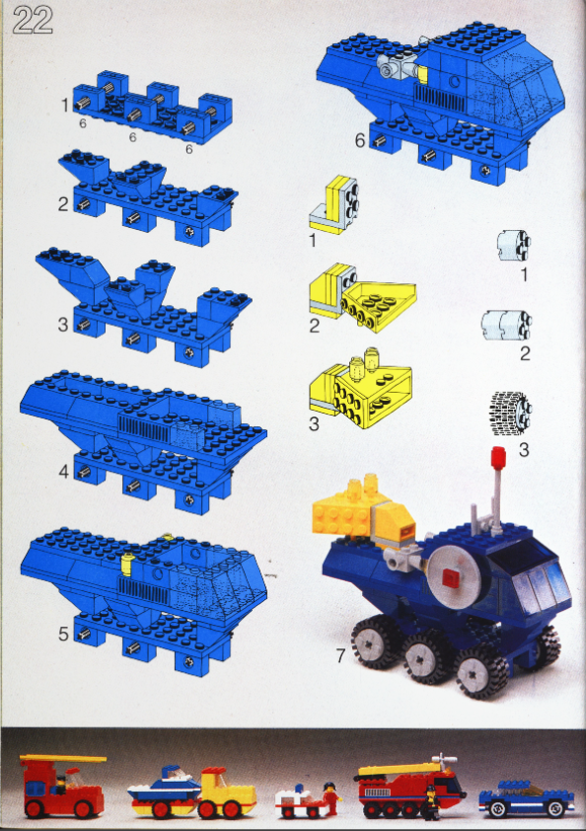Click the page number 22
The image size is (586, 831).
click(x=33, y=20)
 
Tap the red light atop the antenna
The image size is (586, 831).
click(x=498, y=458)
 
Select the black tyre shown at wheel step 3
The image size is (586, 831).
click(x=511, y=414)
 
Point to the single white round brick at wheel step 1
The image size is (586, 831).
click(x=514, y=246)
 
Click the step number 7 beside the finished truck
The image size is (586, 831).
click(x=340, y=655)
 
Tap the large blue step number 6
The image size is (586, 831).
click(x=360, y=140)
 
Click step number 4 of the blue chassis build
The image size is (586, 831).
click(x=63, y=471)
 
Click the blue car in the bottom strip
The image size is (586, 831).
click(x=527, y=797)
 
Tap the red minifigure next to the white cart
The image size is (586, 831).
click(x=331, y=798)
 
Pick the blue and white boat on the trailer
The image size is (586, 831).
click(x=164, y=785)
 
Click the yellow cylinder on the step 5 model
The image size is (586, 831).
click(x=126, y=565)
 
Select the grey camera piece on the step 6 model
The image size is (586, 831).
click(x=397, y=67)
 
